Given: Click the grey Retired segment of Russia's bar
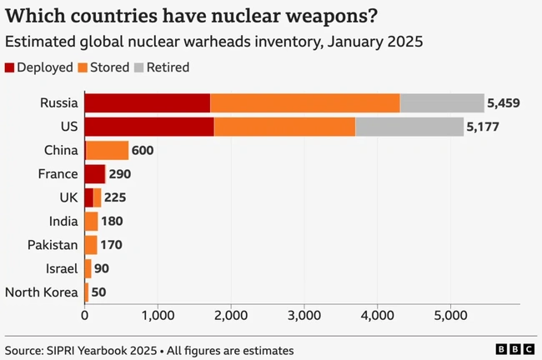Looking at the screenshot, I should pos(442,103).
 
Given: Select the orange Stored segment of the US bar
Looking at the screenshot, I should pos(284,127).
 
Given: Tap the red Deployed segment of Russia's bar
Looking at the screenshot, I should pos(148,103).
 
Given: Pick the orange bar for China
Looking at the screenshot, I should pos(108,151).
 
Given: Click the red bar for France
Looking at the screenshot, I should pos(95,174).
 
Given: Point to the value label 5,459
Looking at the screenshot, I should pos(504,103).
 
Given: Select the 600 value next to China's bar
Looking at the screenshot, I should pos(143,151).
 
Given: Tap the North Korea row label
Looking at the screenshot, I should pos(42,292).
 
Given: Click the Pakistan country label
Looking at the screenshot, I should pos(52,245).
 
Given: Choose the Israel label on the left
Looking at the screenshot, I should pos(63,268).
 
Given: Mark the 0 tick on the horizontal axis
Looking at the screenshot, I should pos(85,316).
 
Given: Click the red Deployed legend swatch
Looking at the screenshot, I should pos(9,67).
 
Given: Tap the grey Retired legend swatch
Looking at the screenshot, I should pos(139,67).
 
